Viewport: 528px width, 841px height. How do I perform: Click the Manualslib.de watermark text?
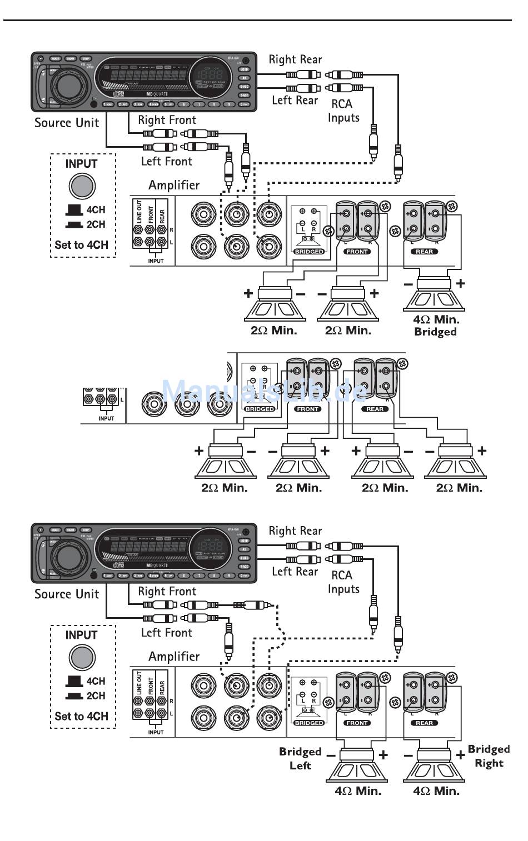point(265,391)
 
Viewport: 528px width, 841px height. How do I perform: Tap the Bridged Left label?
point(300,758)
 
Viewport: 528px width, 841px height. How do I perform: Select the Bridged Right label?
point(489,756)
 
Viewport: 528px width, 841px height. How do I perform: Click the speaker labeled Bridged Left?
point(357,767)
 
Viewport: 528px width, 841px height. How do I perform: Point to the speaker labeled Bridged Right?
point(435,767)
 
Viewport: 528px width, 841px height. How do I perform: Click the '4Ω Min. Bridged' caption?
point(436,326)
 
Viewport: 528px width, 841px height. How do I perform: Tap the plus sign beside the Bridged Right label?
point(460,755)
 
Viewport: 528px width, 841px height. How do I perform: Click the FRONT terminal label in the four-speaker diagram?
point(308,409)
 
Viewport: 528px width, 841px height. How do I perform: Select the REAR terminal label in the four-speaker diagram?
point(375,409)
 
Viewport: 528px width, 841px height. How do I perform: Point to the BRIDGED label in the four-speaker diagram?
point(260,409)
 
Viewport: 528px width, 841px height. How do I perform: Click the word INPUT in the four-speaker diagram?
point(106,418)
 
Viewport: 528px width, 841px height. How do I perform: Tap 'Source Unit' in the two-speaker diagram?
point(67,594)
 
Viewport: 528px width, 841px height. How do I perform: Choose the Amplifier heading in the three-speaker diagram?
point(174,185)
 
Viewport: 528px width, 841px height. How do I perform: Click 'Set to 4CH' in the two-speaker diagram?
point(81,716)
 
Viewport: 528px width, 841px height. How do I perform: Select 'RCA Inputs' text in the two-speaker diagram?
point(343,582)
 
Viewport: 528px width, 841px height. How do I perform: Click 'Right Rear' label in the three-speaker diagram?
point(295,59)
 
